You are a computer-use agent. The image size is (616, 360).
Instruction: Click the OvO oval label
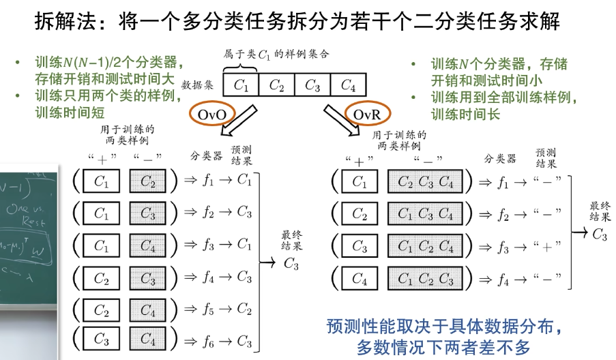211,114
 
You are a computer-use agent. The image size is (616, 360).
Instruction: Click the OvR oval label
367,115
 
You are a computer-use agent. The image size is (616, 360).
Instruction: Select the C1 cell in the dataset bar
241,85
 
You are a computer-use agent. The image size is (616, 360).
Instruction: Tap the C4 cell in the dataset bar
348,85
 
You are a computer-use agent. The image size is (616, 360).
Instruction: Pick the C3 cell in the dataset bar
312,85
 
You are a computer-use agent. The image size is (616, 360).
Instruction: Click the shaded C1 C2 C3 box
426,278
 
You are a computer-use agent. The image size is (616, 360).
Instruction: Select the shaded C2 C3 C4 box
426,181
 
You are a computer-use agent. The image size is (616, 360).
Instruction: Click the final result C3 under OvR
599,235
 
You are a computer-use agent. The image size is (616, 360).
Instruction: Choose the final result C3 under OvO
291,265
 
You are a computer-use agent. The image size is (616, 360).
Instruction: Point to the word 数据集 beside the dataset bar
199,86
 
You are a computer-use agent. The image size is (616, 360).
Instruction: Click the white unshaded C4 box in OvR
360,278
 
